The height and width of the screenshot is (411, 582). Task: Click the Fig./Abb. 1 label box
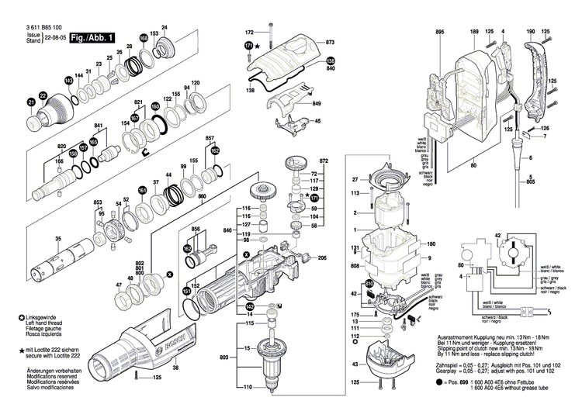pos(92,36)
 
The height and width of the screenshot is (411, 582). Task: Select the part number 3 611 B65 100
pos(41,27)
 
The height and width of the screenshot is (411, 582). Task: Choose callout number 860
pos(202,198)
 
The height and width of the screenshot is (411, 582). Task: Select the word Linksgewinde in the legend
pos(44,318)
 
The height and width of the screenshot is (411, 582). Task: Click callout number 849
pos(317,104)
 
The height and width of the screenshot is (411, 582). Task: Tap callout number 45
pos(317,121)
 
